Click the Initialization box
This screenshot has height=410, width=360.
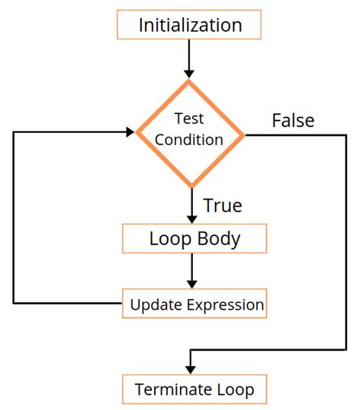190,25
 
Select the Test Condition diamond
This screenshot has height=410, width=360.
190,134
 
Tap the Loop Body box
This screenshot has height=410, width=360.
194,239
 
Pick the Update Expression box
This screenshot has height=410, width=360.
196,304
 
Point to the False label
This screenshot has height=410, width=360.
292,120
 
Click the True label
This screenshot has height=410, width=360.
223,205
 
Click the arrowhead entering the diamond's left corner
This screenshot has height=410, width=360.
130,133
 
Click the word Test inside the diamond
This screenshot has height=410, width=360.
190,119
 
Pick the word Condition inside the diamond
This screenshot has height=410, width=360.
190,140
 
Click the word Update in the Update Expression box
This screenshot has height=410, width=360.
155,305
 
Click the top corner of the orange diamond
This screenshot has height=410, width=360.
190,80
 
